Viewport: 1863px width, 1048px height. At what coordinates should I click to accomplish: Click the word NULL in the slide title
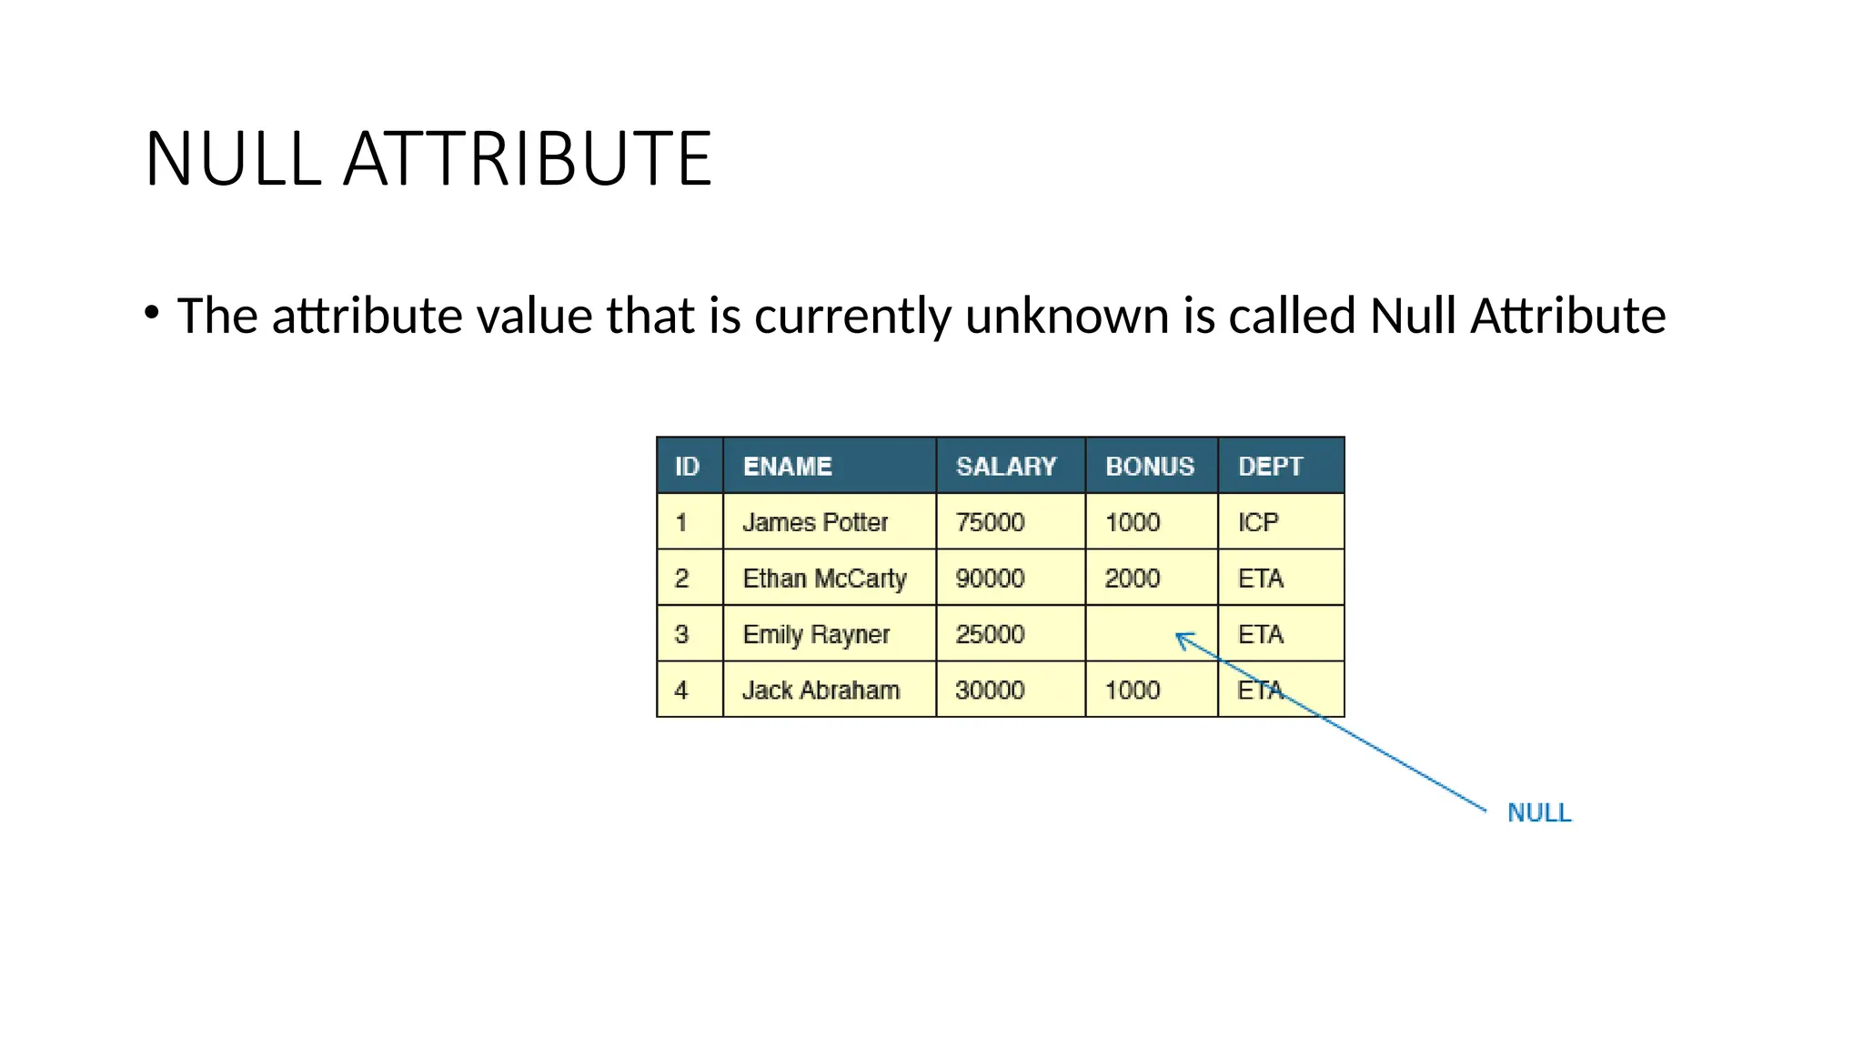[233, 159]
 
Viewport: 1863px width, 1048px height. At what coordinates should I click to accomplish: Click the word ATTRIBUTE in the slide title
[528, 159]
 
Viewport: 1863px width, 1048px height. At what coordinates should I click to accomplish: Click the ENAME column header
[788, 467]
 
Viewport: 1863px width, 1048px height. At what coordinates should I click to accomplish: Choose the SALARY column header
[1006, 467]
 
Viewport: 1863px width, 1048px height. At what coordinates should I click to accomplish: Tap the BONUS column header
[1150, 467]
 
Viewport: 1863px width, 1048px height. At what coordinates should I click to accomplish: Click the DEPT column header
[1271, 467]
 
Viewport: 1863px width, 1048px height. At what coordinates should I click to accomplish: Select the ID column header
[687, 467]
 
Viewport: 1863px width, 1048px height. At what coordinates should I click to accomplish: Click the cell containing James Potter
[815, 522]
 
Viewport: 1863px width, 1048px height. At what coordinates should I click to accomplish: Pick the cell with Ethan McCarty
[824, 579]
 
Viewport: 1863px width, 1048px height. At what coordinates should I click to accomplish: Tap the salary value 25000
[990, 634]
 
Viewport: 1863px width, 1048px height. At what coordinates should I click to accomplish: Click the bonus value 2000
[1133, 579]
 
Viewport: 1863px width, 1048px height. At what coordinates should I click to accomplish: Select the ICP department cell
[1259, 522]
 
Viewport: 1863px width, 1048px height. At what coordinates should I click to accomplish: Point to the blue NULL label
[1539, 812]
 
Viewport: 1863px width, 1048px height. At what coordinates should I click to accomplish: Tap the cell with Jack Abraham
[821, 690]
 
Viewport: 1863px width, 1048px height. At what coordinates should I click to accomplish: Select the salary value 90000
[990, 579]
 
